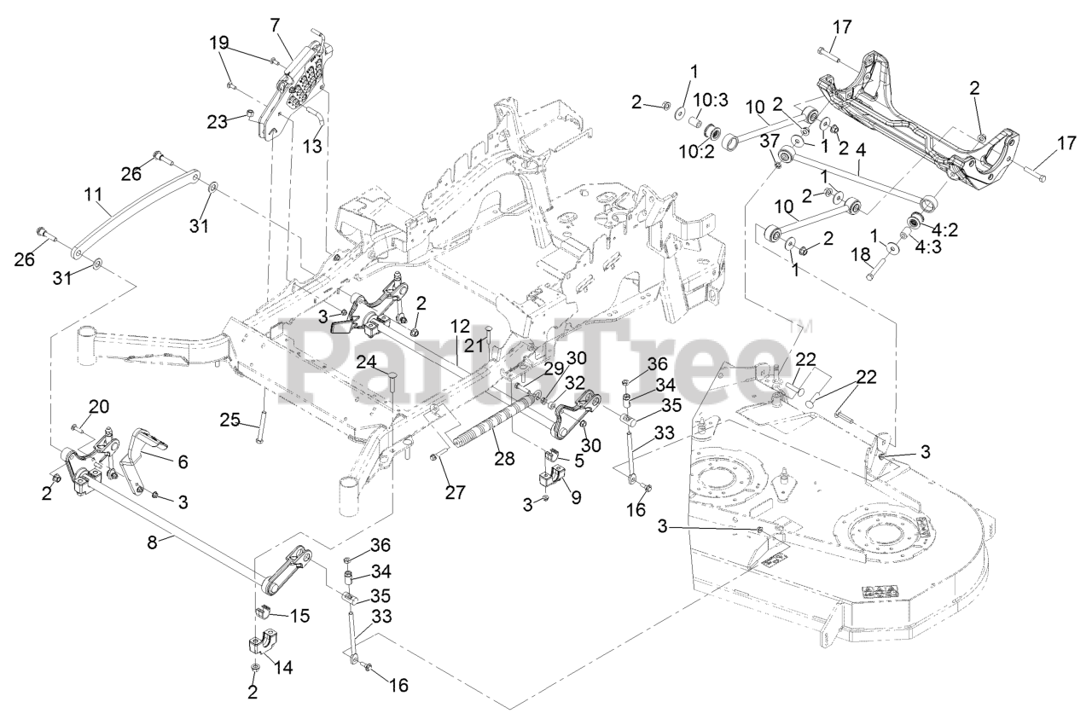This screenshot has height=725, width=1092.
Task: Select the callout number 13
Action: (x=312, y=146)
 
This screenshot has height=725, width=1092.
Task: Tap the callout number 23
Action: (x=217, y=122)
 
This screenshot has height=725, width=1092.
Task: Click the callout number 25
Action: (x=229, y=420)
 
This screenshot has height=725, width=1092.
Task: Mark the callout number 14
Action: (x=282, y=668)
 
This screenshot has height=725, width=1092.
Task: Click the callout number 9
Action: (x=577, y=496)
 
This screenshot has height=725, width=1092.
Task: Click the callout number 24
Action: (x=368, y=362)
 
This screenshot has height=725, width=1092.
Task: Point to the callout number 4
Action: (x=861, y=148)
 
